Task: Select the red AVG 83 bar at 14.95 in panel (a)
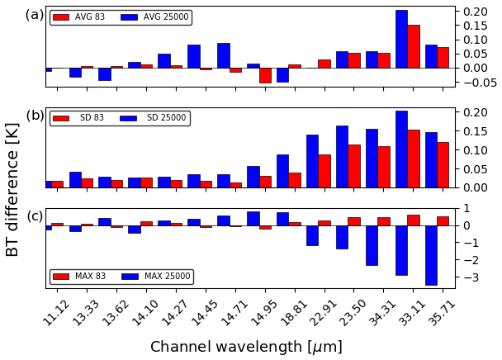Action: coord(265,75)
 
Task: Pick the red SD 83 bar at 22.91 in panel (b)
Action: coord(324,171)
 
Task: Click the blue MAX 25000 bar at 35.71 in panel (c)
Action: coord(431,255)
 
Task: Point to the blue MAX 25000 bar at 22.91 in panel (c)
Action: coord(312,235)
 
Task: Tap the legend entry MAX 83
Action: coord(81,277)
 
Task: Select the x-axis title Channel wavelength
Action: coord(246,347)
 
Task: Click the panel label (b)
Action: coord(35,116)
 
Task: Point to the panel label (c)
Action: coord(35,216)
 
